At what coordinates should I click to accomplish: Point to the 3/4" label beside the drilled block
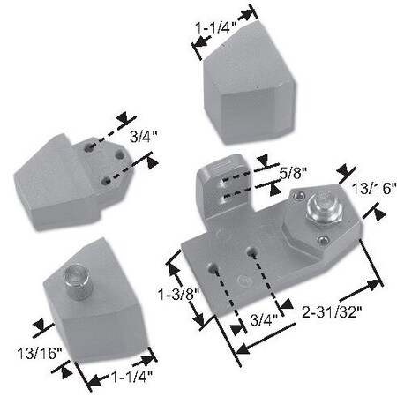pyautogui.click(x=141, y=138)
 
